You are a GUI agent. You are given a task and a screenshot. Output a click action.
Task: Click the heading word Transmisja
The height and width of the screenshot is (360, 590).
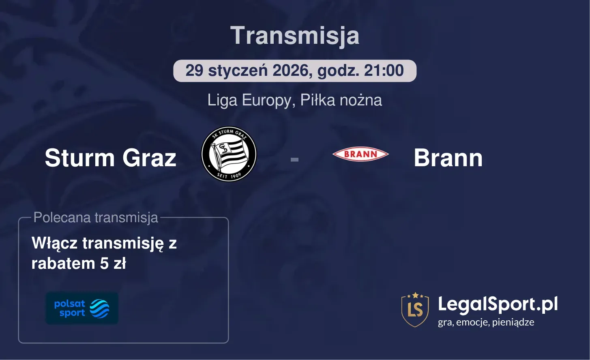tap(295, 36)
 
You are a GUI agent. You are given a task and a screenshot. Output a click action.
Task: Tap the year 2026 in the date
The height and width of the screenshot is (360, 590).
tap(290, 71)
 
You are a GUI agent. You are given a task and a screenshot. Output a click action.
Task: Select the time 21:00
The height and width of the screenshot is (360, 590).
tap(384, 71)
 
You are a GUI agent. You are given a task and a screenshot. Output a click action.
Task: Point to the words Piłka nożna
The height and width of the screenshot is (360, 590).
tap(341, 100)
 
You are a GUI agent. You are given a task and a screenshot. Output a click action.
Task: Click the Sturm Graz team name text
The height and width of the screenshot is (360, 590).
tap(110, 158)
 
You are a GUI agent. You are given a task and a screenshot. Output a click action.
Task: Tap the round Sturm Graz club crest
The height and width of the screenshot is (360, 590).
tap(229, 154)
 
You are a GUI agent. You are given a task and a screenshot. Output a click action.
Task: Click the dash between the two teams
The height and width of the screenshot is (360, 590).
tap(294, 160)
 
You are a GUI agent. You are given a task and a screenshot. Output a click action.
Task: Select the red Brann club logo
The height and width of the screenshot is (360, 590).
tap(360, 154)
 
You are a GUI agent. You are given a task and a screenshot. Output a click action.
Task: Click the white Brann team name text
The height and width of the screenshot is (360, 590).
tap(448, 158)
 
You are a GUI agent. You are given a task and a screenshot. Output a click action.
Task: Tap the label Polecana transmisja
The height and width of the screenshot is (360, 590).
tap(96, 218)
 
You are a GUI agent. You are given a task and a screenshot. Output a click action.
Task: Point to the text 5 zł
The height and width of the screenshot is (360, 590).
tap(113, 264)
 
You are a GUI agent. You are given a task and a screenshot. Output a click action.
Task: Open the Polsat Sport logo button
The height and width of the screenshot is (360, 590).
tap(82, 308)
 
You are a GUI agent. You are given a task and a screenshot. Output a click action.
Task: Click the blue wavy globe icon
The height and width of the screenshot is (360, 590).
tap(99, 309)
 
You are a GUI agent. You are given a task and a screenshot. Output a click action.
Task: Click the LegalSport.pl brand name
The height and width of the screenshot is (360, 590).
tap(498, 304)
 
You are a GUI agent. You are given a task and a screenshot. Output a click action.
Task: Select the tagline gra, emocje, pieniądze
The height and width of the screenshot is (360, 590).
tap(486, 322)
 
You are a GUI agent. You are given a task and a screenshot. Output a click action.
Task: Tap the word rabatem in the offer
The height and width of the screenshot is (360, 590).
tap(63, 264)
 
